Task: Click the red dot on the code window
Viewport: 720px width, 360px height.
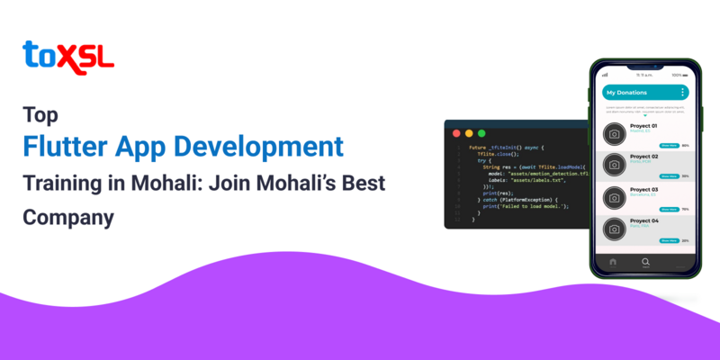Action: click(455, 132)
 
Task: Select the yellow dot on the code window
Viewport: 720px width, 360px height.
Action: click(468, 132)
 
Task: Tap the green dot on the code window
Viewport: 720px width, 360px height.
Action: click(481, 132)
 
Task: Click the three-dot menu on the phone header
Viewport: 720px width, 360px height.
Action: click(682, 93)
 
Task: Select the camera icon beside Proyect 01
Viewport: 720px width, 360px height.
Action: click(614, 134)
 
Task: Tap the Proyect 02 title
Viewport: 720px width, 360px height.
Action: click(645, 157)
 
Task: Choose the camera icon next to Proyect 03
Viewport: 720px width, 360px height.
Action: click(614, 197)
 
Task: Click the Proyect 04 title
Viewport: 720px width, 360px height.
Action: click(645, 220)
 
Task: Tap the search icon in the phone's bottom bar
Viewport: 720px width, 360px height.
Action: click(645, 262)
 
